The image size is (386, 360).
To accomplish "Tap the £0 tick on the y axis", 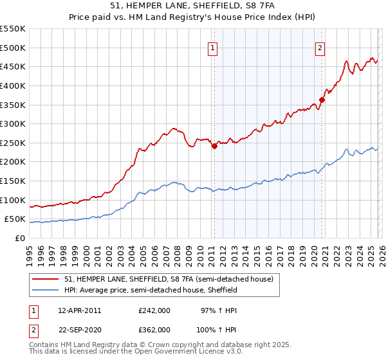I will coord(21,238).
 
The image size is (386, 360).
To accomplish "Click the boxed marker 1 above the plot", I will coord(213,46).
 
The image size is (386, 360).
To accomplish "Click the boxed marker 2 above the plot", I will coord(320,46).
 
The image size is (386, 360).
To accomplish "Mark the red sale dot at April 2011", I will coord(215,146).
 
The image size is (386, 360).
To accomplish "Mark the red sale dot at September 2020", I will coord(322,100).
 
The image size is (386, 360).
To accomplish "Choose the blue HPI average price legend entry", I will coord(151,291).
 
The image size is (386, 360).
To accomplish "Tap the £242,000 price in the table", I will coord(154,310).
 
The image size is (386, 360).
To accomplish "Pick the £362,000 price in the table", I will coord(154,330).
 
